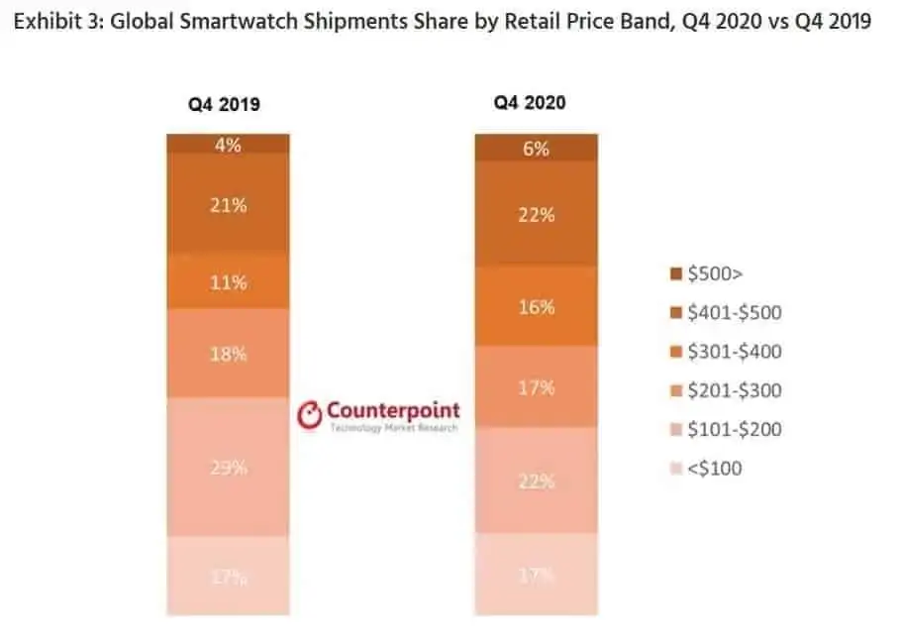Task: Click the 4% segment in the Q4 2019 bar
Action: (228, 144)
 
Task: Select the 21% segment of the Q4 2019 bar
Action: (228, 205)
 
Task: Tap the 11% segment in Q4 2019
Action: (228, 282)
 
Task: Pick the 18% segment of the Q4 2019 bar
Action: (228, 354)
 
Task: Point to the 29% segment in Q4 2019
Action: (228, 467)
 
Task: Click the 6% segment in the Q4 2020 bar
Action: (536, 149)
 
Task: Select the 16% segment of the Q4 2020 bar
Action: (536, 306)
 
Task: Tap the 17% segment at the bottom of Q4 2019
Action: (228, 577)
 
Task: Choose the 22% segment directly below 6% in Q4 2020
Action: (536, 213)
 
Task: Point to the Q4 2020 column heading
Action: (532, 102)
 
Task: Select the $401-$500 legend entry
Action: (726, 313)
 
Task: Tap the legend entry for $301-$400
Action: (726, 352)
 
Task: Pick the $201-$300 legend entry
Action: (726, 390)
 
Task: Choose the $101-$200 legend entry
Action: (726, 429)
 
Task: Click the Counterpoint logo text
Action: (392, 410)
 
